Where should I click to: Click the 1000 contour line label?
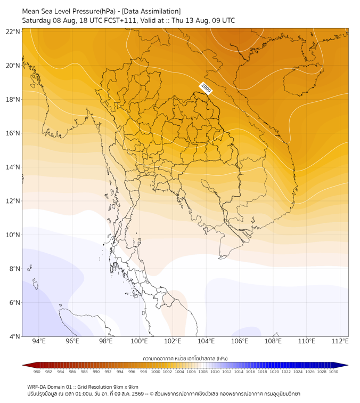tap(206, 87)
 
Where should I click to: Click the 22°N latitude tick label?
tap(13, 31)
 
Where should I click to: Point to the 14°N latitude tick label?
tap(13, 167)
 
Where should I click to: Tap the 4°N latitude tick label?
tap(14, 336)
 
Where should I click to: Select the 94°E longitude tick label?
tap(39, 341)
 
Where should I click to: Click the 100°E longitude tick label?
tap(139, 341)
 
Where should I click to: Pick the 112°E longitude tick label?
tap(340, 341)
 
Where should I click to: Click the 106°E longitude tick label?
tap(240, 341)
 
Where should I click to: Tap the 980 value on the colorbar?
tap(37, 372)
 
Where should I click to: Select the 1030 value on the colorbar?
tap(333, 372)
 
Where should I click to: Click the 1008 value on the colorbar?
tap(203, 372)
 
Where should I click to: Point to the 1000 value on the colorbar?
tap(156, 372)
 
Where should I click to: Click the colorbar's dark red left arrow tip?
tap(22, 365)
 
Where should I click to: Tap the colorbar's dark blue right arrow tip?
tap(348, 365)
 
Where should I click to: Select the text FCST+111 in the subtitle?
tap(120, 21)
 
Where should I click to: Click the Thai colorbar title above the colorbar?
tap(185, 358)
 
